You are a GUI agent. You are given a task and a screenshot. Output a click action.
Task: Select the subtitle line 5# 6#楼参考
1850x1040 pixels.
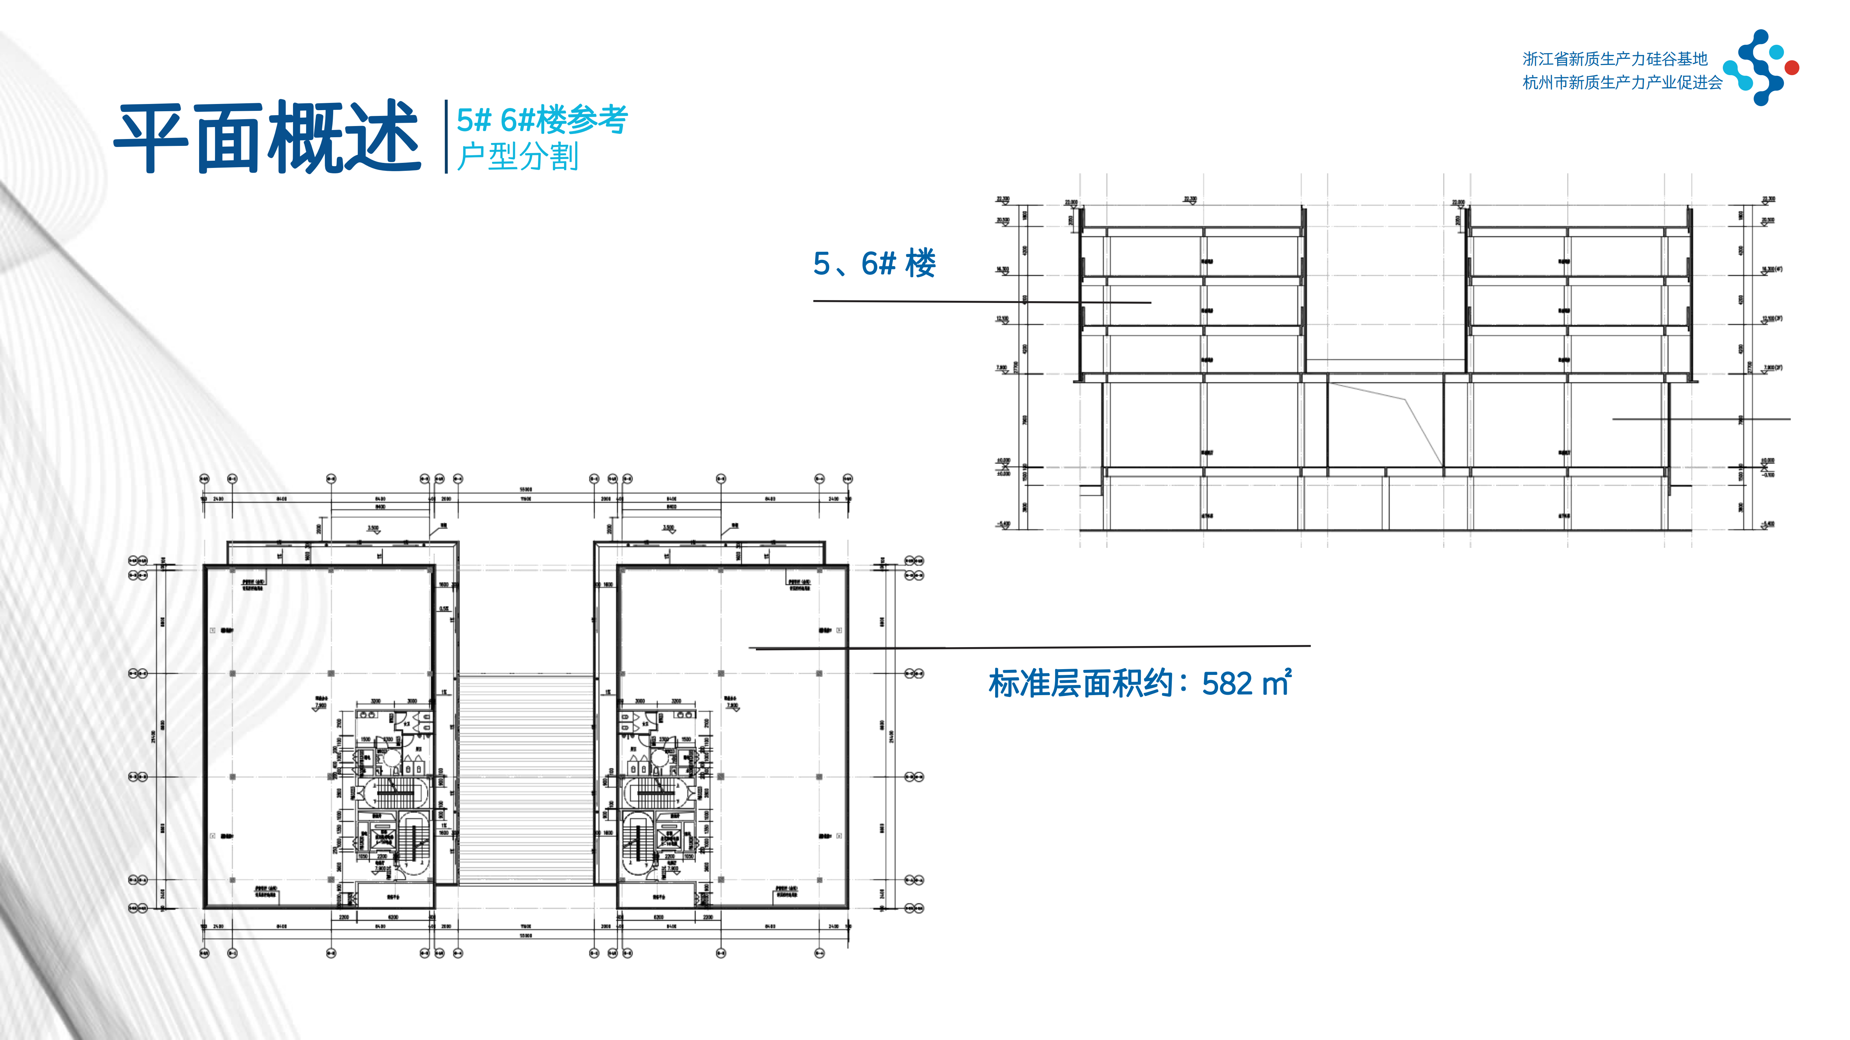point(542,119)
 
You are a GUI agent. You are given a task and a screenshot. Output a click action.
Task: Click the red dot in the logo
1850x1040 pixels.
point(1792,68)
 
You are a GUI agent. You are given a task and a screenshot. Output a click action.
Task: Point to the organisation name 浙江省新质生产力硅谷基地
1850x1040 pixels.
point(1614,59)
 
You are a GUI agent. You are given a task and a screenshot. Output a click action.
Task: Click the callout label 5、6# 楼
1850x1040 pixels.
point(874,263)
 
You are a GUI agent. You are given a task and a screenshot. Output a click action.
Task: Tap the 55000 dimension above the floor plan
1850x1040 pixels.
point(526,490)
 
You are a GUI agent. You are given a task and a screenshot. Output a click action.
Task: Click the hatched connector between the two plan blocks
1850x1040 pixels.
point(526,779)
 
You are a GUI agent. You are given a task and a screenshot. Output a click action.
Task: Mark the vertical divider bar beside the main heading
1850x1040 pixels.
point(446,136)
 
